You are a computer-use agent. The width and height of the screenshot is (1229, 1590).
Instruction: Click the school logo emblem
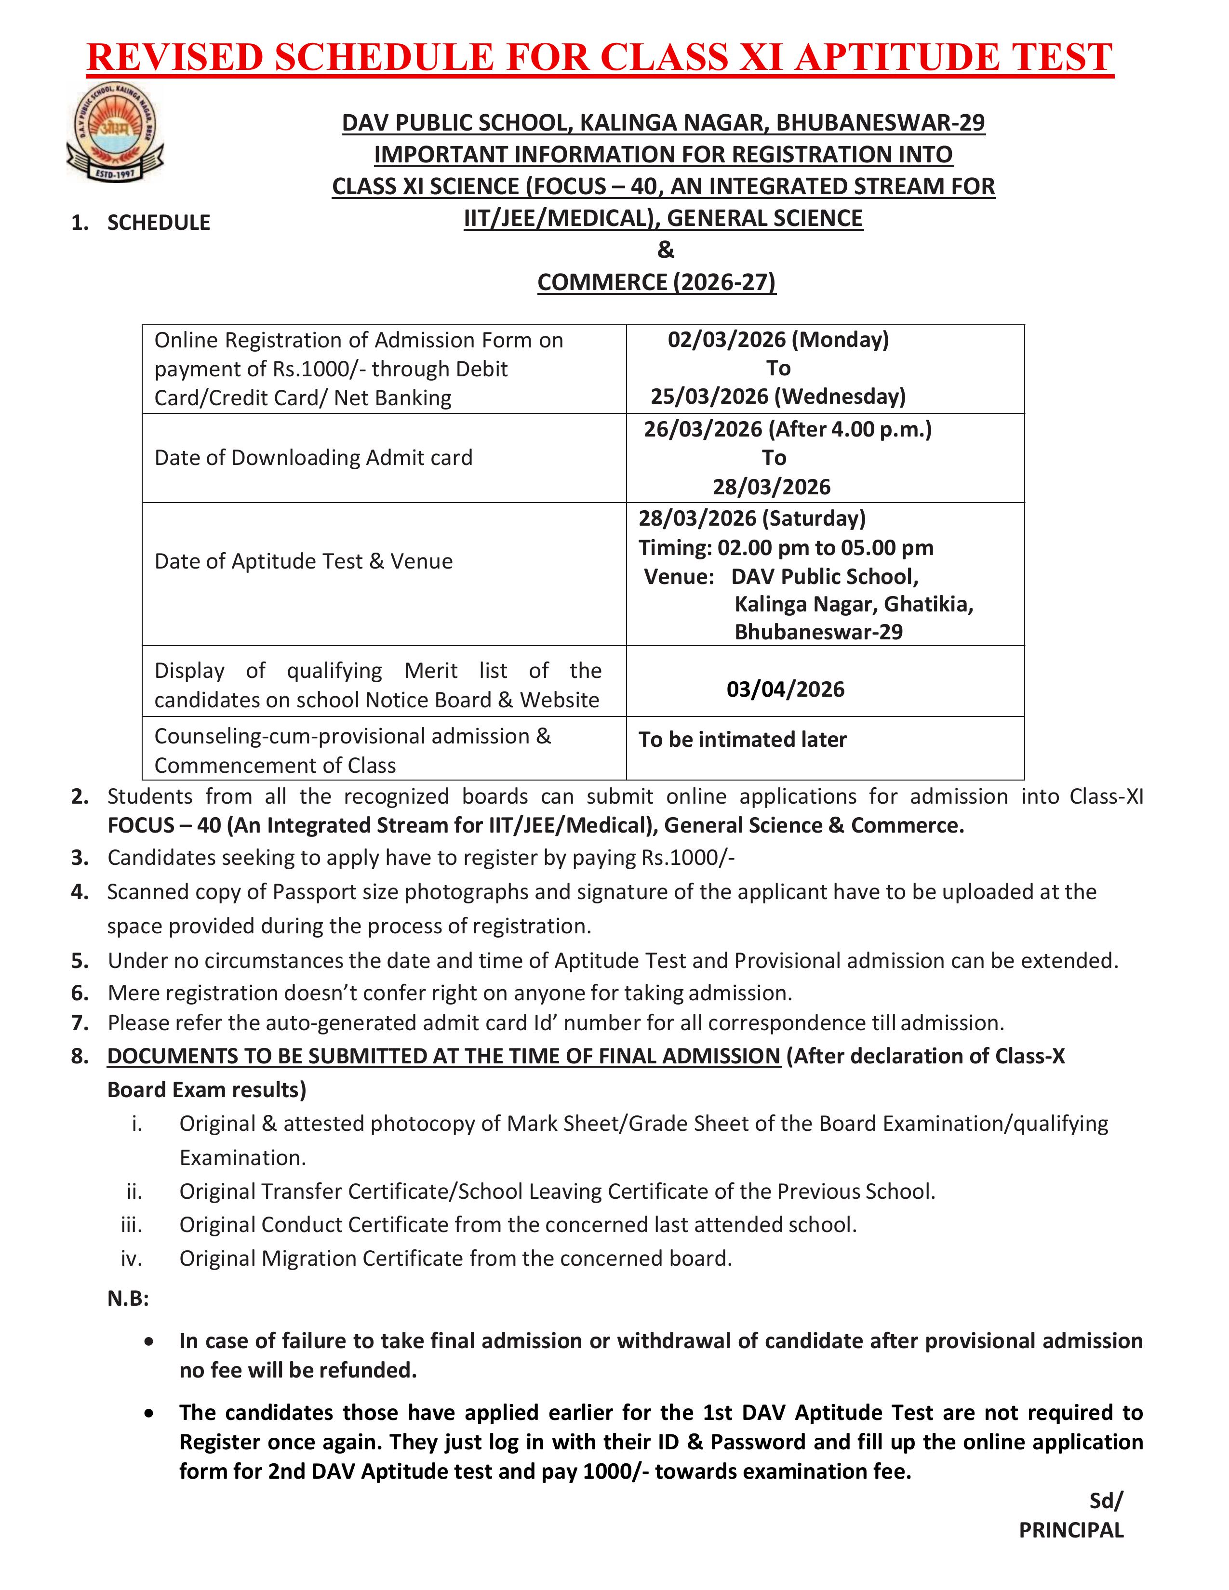tap(115, 132)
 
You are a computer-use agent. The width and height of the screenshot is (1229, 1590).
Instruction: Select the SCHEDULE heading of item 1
tap(159, 223)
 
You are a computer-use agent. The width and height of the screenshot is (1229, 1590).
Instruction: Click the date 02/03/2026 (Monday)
tap(777, 340)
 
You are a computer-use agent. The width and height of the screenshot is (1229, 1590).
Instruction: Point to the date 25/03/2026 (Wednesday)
tap(777, 397)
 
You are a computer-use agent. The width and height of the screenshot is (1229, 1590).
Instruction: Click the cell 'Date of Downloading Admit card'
tap(313, 458)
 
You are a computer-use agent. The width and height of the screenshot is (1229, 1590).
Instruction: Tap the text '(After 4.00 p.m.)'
tap(850, 429)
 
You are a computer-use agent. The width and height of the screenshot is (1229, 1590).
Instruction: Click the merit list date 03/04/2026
tap(785, 689)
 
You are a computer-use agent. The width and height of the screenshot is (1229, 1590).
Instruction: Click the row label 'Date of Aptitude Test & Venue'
tap(304, 561)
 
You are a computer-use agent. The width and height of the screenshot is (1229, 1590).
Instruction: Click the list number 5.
tap(80, 961)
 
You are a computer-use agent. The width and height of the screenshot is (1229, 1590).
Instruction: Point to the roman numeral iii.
tap(132, 1224)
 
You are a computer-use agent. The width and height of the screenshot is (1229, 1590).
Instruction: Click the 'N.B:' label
tap(128, 1299)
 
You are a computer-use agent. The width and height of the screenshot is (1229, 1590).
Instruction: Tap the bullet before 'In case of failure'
tap(149, 1341)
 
